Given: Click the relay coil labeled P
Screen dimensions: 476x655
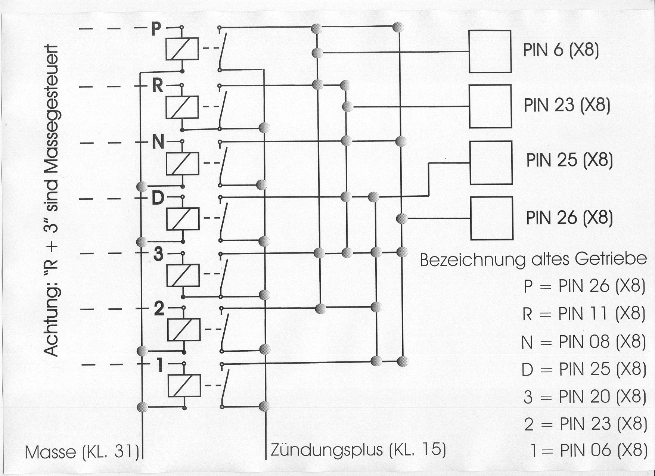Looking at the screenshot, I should click(182, 49).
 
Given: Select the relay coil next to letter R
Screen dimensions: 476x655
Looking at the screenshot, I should click(182, 107).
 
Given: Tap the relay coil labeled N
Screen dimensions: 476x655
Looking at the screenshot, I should click(183, 163).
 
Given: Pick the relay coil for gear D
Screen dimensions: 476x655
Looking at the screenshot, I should click(183, 219).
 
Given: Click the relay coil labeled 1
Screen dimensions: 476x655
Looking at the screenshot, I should click(184, 385).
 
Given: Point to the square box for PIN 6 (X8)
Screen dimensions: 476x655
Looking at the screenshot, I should click(490, 52).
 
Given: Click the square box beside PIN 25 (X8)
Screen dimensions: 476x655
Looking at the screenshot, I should click(491, 162).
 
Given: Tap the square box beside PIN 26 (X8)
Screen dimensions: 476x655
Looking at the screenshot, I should click(491, 218).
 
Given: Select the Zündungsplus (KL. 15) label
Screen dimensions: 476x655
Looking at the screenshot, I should click(358, 450).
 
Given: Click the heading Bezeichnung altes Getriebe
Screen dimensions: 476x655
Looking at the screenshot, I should click(533, 259).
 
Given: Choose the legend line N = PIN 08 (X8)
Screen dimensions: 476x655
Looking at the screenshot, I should click(584, 342).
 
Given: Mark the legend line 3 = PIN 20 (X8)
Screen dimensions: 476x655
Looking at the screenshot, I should click(584, 397).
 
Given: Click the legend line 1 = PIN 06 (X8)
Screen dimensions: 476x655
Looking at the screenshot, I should click(589, 451).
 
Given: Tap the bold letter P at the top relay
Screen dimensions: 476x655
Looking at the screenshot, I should click(156, 29).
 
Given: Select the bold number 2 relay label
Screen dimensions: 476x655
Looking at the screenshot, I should click(159, 309).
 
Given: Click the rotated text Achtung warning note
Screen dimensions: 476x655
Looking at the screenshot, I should click(51, 202).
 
